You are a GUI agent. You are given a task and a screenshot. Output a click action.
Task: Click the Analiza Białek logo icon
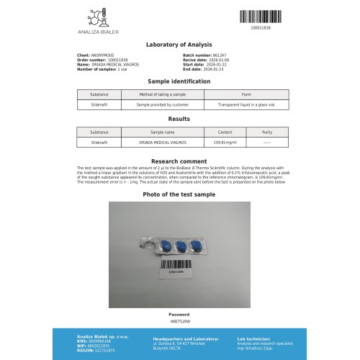tap(94, 16)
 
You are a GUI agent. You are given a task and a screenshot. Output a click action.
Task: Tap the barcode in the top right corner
tap(259, 14)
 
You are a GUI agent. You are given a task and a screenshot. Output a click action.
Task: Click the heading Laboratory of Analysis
tap(179, 44)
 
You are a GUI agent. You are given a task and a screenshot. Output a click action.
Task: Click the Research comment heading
tap(179, 161)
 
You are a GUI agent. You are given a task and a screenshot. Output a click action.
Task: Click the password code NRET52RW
tap(179, 320)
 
